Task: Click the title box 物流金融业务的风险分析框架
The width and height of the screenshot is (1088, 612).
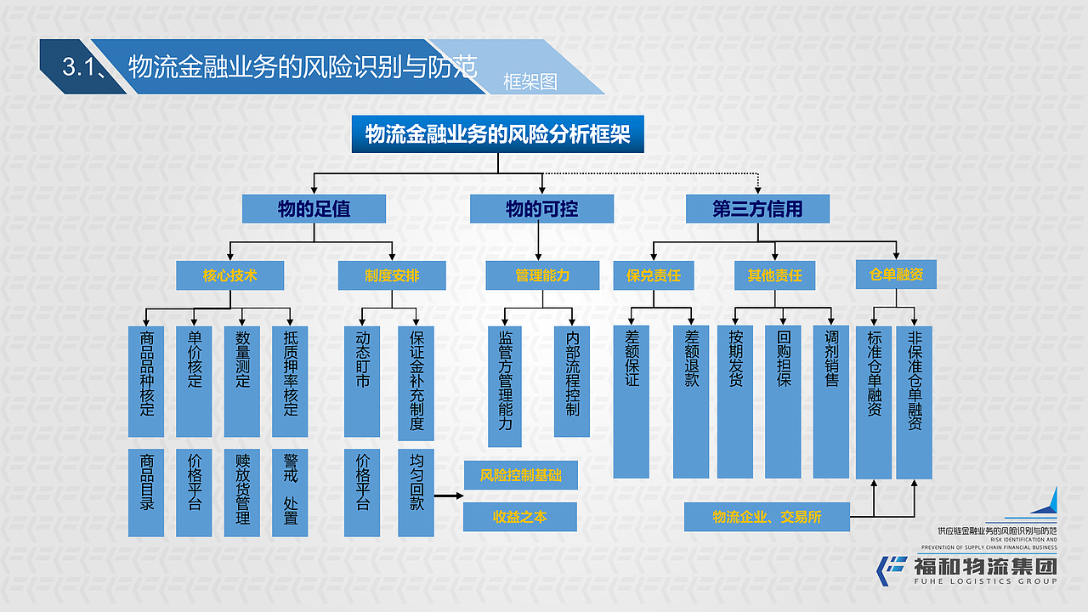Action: pyautogui.click(x=497, y=134)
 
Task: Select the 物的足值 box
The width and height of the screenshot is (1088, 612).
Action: pyautogui.click(x=314, y=208)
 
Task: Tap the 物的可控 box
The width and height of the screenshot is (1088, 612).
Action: pyautogui.click(x=541, y=208)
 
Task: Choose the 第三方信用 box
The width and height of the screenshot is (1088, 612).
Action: pyautogui.click(x=757, y=208)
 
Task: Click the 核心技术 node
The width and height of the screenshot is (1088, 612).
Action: pyautogui.click(x=229, y=275)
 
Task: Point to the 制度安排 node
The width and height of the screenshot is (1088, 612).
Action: pyautogui.click(x=392, y=275)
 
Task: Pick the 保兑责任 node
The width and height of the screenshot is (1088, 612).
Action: pyautogui.click(x=654, y=275)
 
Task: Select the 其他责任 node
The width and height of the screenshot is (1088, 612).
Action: pyautogui.click(x=774, y=275)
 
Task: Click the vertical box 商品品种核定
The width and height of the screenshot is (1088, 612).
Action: pyautogui.click(x=146, y=381)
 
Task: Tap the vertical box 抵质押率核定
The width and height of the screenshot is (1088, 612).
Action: pyautogui.click(x=291, y=381)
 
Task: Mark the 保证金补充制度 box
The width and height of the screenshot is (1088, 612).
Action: pyautogui.click(x=416, y=382)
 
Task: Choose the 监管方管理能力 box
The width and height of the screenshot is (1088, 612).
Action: pyautogui.click(x=506, y=386)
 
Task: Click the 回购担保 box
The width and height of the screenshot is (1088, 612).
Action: pyautogui.click(x=783, y=401)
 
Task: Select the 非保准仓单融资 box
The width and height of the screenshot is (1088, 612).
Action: pyautogui.click(x=915, y=401)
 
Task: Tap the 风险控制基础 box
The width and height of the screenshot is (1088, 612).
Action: pyautogui.click(x=520, y=475)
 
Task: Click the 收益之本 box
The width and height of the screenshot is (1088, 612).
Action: pyautogui.click(x=520, y=516)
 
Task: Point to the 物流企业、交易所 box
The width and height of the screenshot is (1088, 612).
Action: pyautogui.click(x=767, y=517)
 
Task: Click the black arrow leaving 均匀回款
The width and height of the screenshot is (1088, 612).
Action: pyautogui.click(x=448, y=495)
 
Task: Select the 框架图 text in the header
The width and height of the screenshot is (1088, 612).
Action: pyautogui.click(x=530, y=82)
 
